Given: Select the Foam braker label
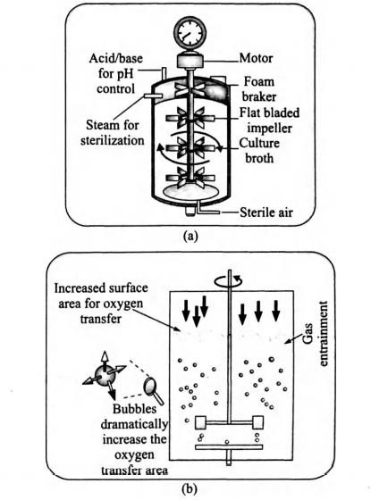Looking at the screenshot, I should pyautogui.click(x=267, y=97).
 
